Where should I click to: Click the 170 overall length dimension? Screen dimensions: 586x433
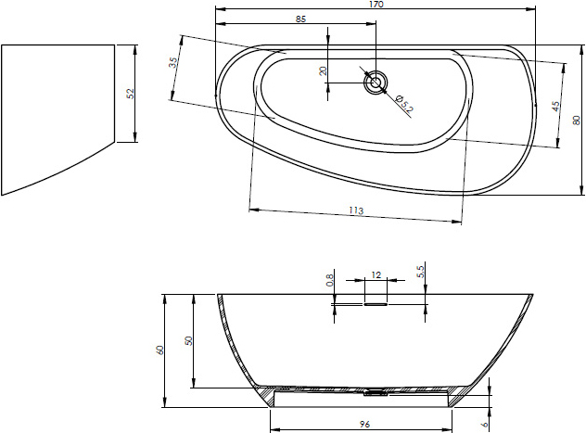(x=376, y=4)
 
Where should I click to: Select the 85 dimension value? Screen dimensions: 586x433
(x=300, y=19)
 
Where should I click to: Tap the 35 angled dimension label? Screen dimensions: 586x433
(x=172, y=62)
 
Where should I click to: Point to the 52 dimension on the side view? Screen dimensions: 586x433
(x=130, y=94)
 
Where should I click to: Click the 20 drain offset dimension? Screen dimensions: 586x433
(x=324, y=70)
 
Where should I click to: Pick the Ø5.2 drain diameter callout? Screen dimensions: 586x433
(x=403, y=104)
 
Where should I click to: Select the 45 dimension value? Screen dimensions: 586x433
(x=555, y=106)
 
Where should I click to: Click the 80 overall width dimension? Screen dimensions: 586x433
(x=577, y=120)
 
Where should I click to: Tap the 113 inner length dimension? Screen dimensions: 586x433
(x=356, y=210)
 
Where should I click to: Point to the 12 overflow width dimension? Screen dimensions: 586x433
(x=376, y=275)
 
